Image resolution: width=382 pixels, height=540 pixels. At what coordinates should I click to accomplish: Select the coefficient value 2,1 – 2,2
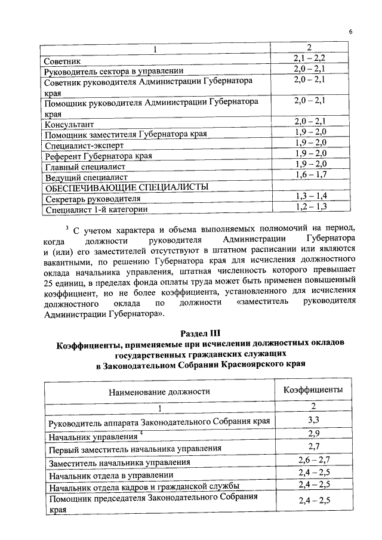(309, 59)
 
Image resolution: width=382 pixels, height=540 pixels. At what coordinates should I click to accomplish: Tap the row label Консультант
(69, 125)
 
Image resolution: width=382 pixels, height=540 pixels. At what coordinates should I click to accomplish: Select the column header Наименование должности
(159, 391)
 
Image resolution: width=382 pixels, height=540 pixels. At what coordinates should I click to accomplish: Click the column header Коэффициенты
(313, 389)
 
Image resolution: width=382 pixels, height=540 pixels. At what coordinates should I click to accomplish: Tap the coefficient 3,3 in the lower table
(313, 420)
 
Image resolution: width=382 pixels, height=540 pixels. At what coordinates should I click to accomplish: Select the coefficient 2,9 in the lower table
(313, 434)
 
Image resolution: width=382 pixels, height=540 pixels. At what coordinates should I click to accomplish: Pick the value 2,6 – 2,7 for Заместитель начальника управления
(313, 460)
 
